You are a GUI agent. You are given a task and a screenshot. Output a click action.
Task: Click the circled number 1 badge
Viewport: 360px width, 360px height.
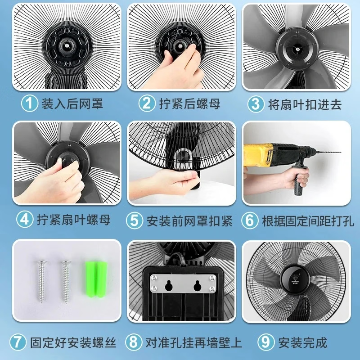click(30, 104)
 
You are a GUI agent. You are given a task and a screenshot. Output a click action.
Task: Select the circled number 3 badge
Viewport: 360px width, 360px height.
click(256, 104)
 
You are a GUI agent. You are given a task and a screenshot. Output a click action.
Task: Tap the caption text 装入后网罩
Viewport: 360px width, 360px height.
click(72, 104)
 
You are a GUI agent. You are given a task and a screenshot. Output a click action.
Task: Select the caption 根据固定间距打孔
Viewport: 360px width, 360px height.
click(308, 220)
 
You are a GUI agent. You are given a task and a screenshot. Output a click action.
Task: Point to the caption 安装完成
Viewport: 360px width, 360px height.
click(302, 342)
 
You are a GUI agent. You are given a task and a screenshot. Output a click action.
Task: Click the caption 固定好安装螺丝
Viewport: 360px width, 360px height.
click(73, 342)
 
